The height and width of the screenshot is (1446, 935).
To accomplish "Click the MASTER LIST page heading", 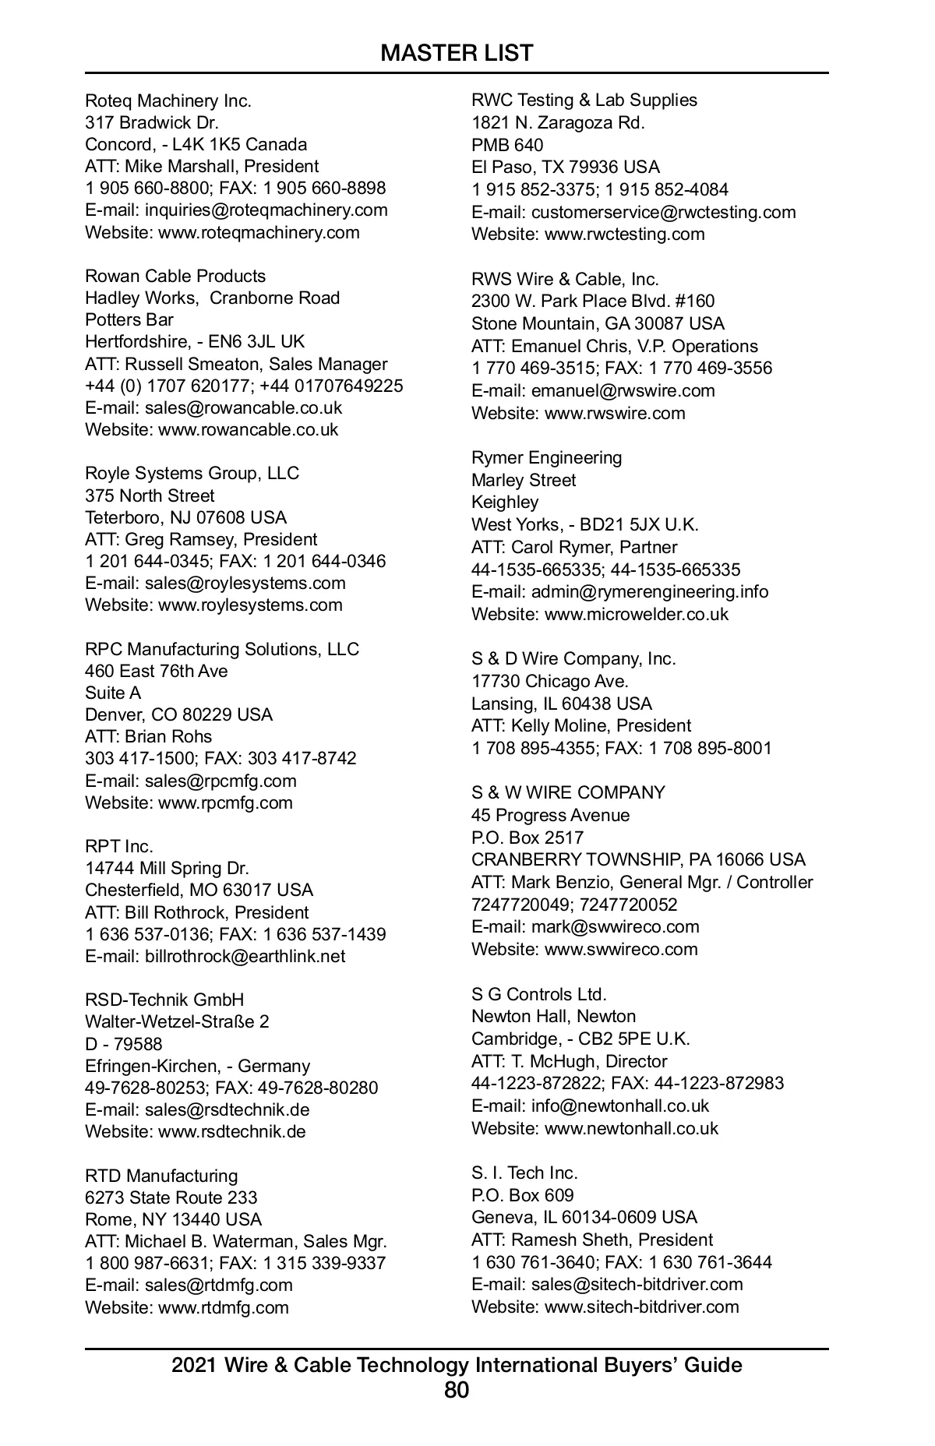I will pyautogui.click(x=457, y=53).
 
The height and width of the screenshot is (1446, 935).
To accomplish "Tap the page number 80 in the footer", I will pyautogui.click(x=457, y=1390).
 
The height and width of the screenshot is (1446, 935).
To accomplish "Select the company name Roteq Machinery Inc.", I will pyautogui.click(x=168, y=101).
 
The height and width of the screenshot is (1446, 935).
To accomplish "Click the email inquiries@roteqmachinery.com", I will pyautogui.click(x=266, y=210).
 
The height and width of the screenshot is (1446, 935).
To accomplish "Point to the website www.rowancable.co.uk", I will pyautogui.click(x=248, y=430).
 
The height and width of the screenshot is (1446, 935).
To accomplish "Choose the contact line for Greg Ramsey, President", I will pyautogui.click(x=201, y=540).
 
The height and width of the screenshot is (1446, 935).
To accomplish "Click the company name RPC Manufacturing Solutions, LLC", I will pyautogui.click(x=222, y=650).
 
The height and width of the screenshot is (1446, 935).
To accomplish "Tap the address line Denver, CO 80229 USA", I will pyautogui.click(x=178, y=715).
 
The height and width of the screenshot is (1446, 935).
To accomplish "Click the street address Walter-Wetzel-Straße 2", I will pyautogui.click(x=177, y=1022).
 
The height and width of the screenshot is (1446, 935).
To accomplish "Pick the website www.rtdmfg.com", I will pyautogui.click(x=223, y=1307).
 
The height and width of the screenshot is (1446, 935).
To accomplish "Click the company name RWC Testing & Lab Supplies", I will pyautogui.click(x=584, y=101).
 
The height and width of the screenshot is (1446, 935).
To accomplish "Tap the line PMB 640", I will pyautogui.click(x=507, y=146).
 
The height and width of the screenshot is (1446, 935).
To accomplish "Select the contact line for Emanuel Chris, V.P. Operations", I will pyautogui.click(x=615, y=347).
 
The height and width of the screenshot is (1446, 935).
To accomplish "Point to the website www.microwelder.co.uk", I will pyautogui.click(x=636, y=615).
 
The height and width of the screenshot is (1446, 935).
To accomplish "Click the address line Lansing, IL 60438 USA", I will pyautogui.click(x=562, y=704).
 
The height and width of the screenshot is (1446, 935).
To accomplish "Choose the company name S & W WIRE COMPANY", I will pyautogui.click(x=568, y=793).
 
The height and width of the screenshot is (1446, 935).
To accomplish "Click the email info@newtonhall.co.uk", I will pyautogui.click(x=620, y=1106).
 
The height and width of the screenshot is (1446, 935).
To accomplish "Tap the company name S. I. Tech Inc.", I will pyautogui.click(x=524, y=1173).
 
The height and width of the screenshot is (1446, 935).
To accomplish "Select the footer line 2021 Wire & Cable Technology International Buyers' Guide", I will pyautogui.click(x=457, y=1365).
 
